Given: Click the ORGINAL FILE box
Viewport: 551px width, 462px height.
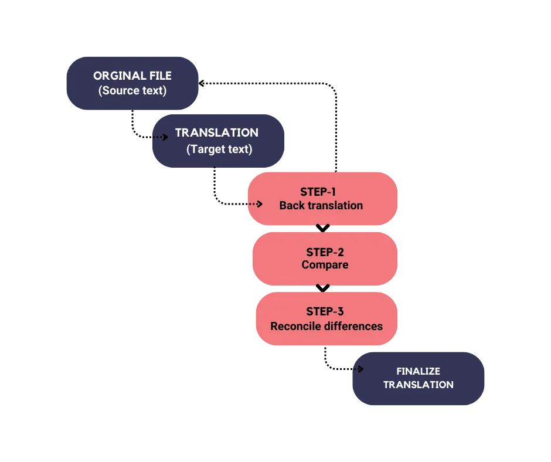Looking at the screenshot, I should tap(132, 83).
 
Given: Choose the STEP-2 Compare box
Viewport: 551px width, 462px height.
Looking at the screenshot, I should tap(325, 259).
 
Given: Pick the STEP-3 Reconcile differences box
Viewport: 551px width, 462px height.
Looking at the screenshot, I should tap(326, 319).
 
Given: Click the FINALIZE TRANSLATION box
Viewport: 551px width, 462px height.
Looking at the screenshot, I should tap(418, 378).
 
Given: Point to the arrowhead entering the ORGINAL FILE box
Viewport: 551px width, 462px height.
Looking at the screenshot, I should tap(202, 84).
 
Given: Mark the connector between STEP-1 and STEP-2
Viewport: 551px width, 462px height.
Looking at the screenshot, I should tap(322, 228).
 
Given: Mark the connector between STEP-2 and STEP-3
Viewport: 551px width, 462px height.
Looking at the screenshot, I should tap(322, 288).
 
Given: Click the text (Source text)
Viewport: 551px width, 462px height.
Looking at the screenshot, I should tap(132, 91).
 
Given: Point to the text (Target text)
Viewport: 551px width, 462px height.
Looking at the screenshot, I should tap(219, 149).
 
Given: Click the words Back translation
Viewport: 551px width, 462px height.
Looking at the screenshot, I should tap(321, 206).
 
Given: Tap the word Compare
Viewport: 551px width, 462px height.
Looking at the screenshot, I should tap(325, 265).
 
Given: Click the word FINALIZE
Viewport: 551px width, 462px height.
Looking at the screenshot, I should tap(418, 371).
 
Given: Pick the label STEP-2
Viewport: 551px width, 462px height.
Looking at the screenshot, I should tap(325, 252).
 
